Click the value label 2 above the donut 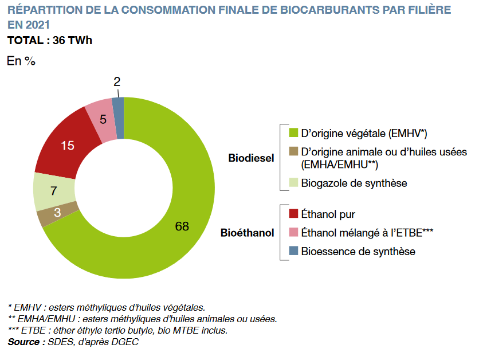[117, 82]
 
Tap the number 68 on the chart [182, 226]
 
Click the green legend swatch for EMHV [293, 134]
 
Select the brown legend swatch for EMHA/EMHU [293, 152]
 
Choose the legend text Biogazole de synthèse [354, 183]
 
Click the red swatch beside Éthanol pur [293, 214]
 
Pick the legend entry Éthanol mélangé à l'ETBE [367, 232]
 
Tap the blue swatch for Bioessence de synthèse [293, 251]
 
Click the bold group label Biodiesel [251, 158]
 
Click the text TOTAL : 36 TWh [49, 41]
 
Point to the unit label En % [21, 61]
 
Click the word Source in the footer [23, 342]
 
